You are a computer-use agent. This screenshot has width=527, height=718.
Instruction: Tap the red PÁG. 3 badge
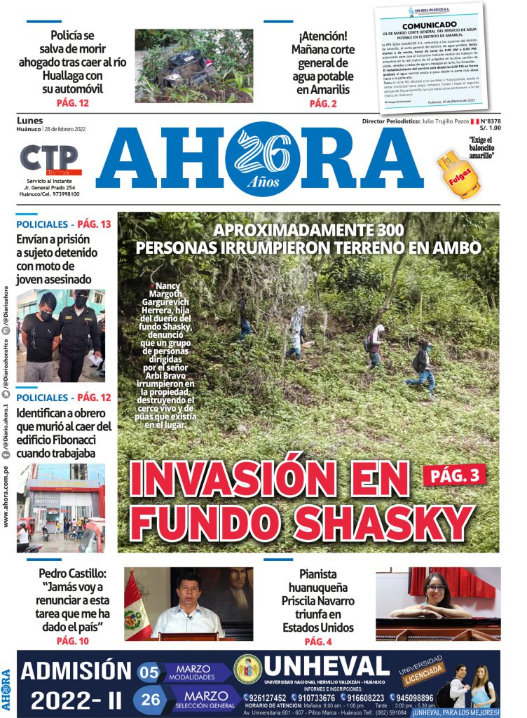point(454,475)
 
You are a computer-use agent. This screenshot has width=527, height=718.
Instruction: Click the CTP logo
point(48,159)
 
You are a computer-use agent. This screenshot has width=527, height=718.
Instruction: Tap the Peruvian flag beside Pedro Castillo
point(136,607)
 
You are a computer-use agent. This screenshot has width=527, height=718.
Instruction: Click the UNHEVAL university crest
point(247,669)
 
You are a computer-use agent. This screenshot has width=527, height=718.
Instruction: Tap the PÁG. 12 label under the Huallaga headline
point(72,103)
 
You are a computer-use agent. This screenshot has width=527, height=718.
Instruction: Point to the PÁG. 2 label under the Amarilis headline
point(323,104)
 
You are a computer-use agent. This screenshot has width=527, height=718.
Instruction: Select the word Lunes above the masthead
point(29,121)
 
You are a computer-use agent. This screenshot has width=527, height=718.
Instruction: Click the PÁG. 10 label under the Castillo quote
point(73,640)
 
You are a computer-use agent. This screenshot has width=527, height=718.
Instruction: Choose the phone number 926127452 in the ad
point(266,698)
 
